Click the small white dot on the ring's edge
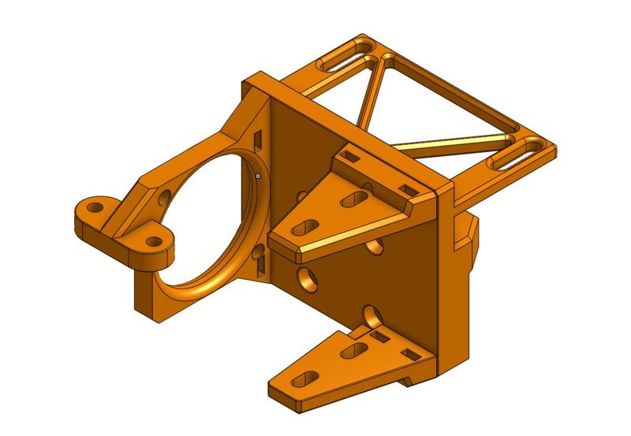258,176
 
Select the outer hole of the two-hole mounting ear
95,208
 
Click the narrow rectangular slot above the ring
257,138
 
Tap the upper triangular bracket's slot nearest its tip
301,229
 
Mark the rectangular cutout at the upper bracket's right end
408,189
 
